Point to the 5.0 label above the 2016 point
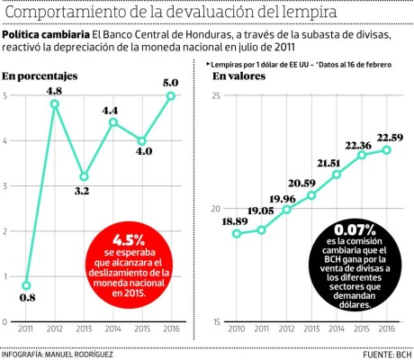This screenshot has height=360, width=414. point(170,83)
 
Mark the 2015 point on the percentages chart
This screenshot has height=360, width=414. point(141,140)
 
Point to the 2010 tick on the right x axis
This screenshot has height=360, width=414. point(236,330)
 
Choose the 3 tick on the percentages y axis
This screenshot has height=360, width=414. point(6,185)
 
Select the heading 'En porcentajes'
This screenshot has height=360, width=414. point(40,76)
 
